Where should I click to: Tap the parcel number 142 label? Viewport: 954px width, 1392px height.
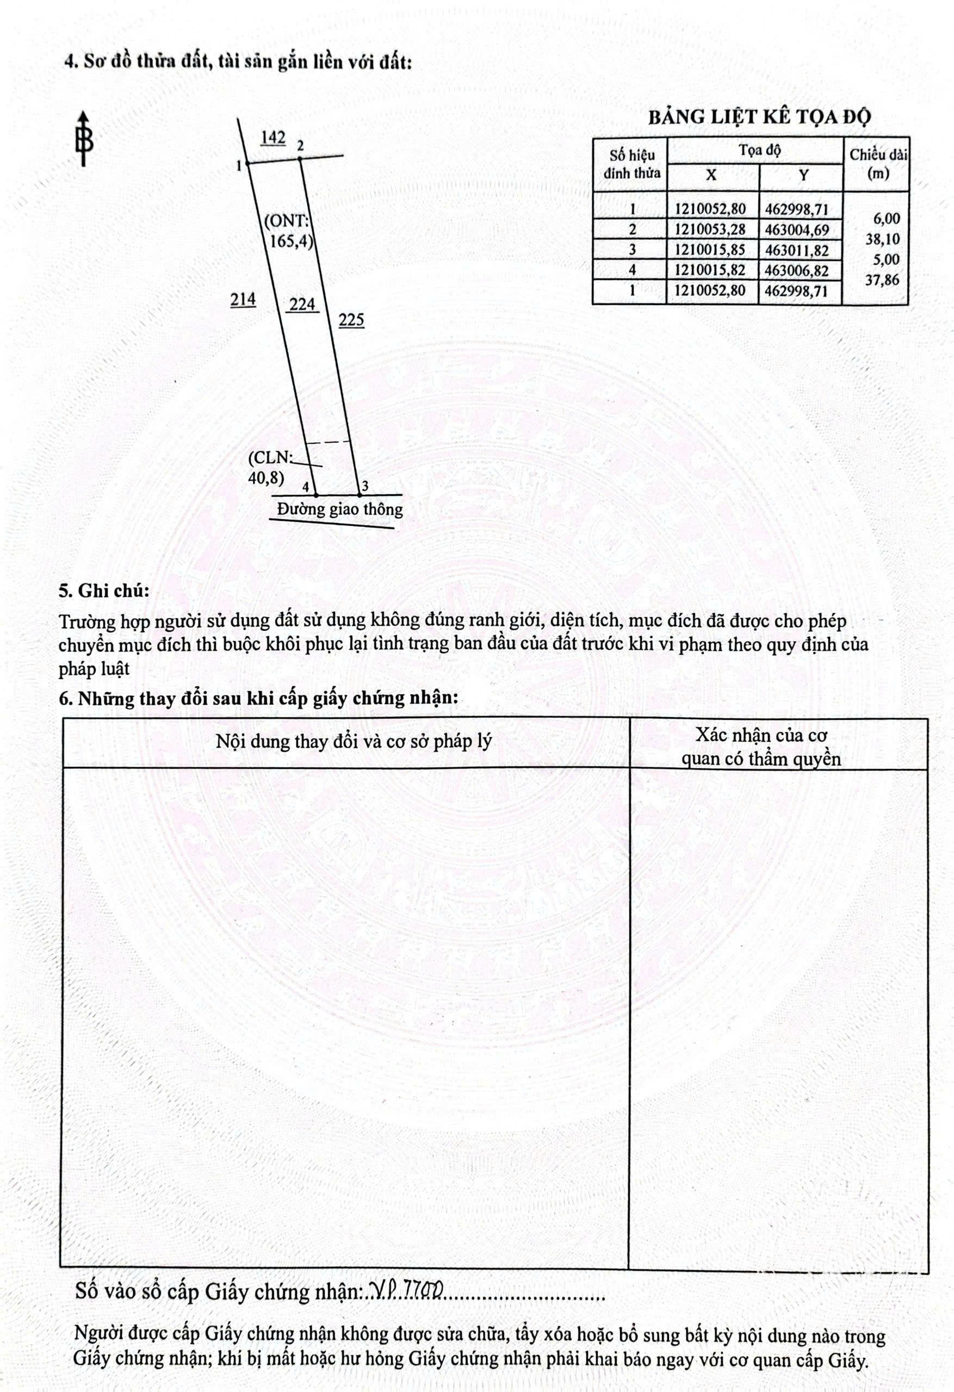[272, 138]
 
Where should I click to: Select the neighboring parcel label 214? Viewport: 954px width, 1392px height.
[243, 299]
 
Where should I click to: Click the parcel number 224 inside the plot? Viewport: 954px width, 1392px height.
[302, 304]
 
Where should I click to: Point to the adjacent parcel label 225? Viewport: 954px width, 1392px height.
[351, 320]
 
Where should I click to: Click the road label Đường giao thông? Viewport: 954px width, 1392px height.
[340, 509]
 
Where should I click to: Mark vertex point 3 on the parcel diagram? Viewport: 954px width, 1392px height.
[360, 495]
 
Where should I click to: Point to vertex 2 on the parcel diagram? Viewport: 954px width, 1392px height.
[300, 158]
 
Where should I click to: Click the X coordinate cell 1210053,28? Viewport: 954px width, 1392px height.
[710, 229]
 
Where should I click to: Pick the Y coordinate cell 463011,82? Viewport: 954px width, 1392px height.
[797, 250]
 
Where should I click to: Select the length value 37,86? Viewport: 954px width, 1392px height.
[882, 279]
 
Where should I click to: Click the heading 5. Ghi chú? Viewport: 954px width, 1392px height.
[104, 591]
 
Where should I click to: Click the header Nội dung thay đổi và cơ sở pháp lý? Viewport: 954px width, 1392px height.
[354, 742]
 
